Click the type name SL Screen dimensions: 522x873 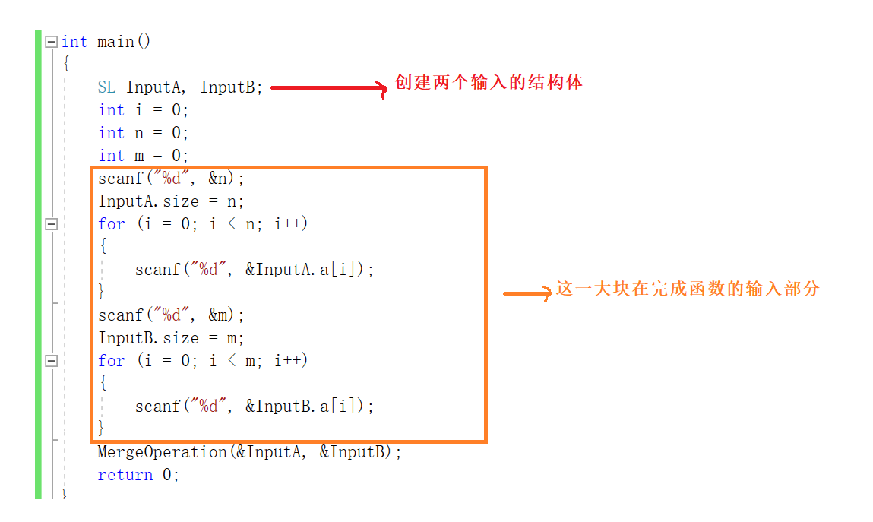click(106, 87)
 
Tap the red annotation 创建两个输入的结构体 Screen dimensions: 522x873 click(489, 82)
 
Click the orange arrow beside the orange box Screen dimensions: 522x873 click(527, 293)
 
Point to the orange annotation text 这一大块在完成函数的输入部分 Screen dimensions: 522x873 click(688, 289)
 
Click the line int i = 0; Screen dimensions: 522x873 click(143, 110)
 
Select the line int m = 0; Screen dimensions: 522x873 click(143, 156)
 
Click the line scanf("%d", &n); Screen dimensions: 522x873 click(172, 179)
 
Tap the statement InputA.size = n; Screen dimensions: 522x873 click(171, 201)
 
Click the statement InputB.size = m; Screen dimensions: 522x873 click(171, 338)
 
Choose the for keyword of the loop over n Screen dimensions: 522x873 click(111, 224)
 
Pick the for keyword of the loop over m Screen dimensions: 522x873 click(111, 361)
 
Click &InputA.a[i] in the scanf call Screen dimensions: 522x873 click(304, 270)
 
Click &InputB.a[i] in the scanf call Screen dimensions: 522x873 click(304, 407)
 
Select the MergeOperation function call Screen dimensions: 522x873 click(162, 452)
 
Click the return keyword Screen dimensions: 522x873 click(125, 475)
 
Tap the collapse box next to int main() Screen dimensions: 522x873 click(51, 42)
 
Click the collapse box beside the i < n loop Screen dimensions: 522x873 click(51, 224)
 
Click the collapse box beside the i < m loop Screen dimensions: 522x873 click(51, 361)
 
